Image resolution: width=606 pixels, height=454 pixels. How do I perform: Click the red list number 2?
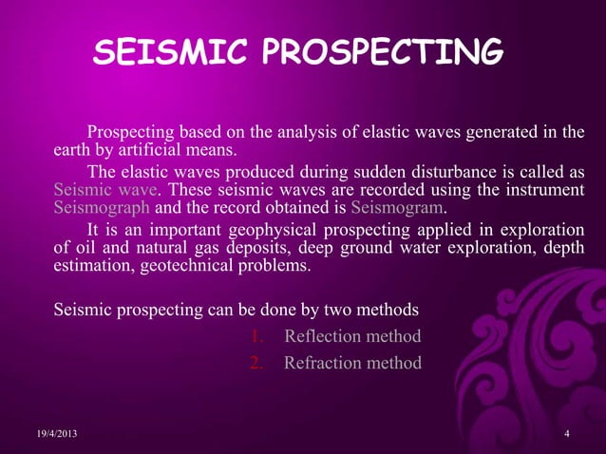[256, 363]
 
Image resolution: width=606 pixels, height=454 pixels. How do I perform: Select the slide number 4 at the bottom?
[566, 434]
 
